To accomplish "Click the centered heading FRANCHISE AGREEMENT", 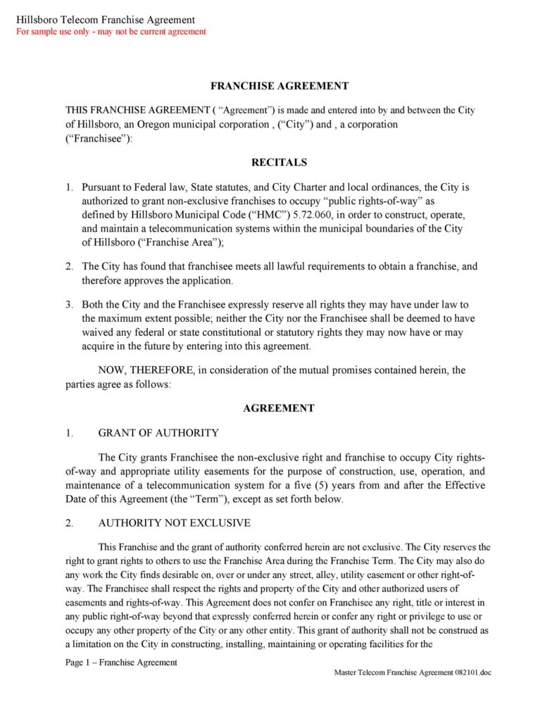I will (279, 86).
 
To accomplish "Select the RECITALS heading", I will (279, 162).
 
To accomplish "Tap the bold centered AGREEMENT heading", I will (279, 408).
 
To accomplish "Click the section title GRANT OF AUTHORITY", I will (158, 432).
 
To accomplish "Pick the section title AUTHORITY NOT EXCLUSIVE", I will (174, 522).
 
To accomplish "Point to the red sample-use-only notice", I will (111, 32).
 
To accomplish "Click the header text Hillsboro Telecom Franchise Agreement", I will (106, 20).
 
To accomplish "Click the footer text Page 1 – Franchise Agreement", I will (121, 663).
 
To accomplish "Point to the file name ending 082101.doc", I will (413, 672).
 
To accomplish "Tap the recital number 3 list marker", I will (69, 305).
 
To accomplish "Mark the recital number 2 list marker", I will (69, 267).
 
